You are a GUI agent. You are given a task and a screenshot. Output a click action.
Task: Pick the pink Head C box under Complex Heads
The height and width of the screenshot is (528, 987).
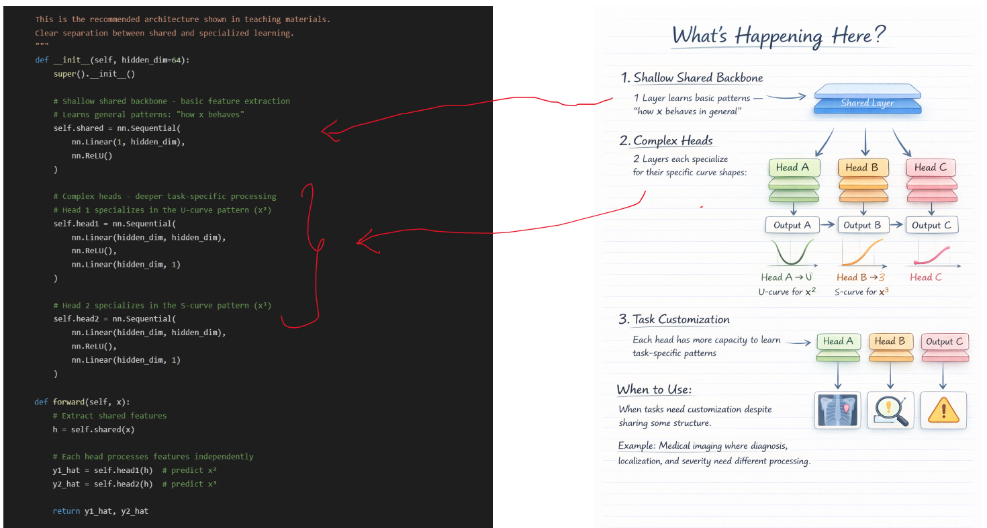click(x=930, y=168)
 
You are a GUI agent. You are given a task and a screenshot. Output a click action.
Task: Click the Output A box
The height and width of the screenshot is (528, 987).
click(x=792, y=225)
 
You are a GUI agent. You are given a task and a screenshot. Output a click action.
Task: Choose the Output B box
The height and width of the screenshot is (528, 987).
click(x=861, y=225)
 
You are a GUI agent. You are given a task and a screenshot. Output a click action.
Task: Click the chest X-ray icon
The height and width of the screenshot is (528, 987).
click(x=837, y=410)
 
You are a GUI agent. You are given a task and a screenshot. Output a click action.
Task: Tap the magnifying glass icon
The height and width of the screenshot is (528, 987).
click(x=890, y=410)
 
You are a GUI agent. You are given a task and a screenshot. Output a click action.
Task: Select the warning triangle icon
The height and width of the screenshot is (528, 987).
click(x=943, y=410)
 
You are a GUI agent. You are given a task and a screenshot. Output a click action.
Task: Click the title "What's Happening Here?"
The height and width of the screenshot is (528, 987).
click(x=780, y=36)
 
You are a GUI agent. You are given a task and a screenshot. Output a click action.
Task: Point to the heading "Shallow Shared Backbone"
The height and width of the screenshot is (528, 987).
click(x=698, y=78)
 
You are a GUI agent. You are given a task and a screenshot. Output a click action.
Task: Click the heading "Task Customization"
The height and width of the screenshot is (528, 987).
click(x=681, y=320)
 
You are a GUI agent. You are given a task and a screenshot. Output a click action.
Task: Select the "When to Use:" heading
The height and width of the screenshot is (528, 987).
click(x=655, y=390)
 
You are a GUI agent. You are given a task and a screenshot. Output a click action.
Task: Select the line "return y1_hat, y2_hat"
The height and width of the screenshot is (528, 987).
click(x=100, y=511)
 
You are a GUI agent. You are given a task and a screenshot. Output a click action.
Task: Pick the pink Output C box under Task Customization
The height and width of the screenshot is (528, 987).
click(x=944, y=342)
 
